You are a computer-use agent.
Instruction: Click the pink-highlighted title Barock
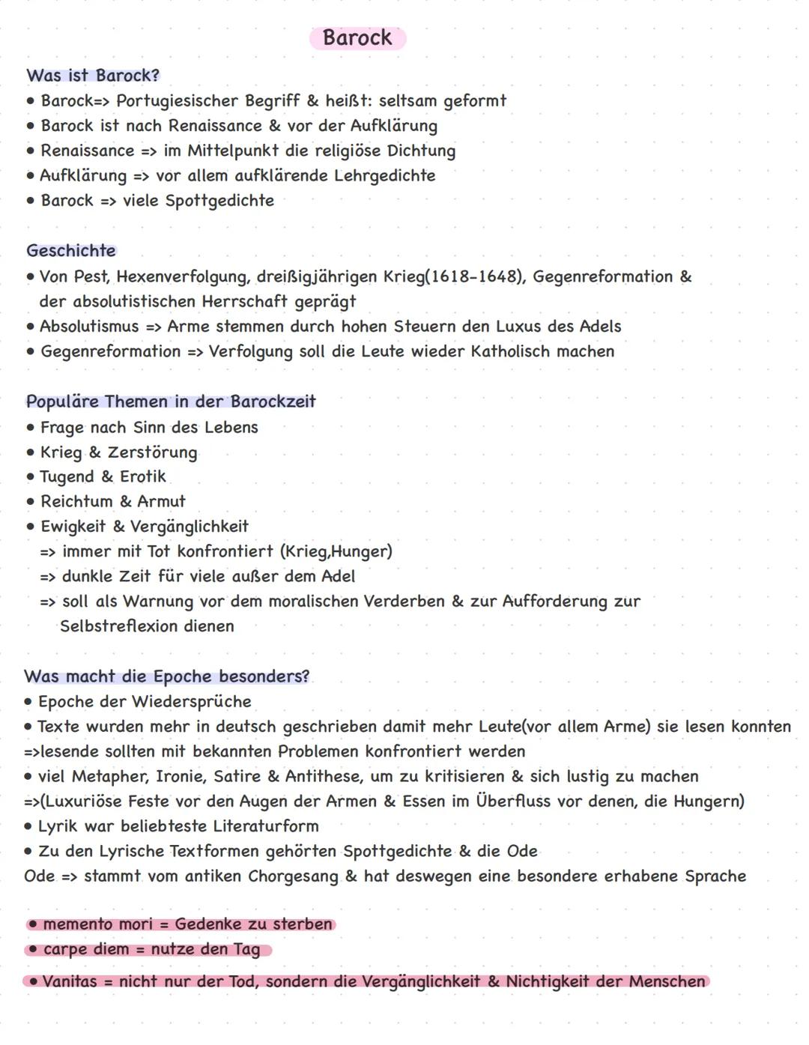(357, 37)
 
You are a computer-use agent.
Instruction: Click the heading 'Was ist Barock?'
(93, 76)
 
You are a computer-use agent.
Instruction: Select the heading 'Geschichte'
(71, 250)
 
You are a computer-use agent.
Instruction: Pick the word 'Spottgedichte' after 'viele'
(219, 201)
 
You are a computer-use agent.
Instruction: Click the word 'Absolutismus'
(89, 327)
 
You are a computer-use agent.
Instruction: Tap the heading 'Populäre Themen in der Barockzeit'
(171, 402)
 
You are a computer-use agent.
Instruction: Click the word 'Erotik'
(143, 476)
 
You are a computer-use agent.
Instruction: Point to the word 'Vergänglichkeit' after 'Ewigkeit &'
(190, 527)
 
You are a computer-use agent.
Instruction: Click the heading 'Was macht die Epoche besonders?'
(166, 676)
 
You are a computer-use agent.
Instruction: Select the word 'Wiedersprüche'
(191, 702)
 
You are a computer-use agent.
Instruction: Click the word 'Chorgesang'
(293, 876)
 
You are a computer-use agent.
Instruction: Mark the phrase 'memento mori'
(97, 924)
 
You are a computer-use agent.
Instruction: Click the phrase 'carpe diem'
(86, 950)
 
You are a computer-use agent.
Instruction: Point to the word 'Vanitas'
(70, 981)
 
